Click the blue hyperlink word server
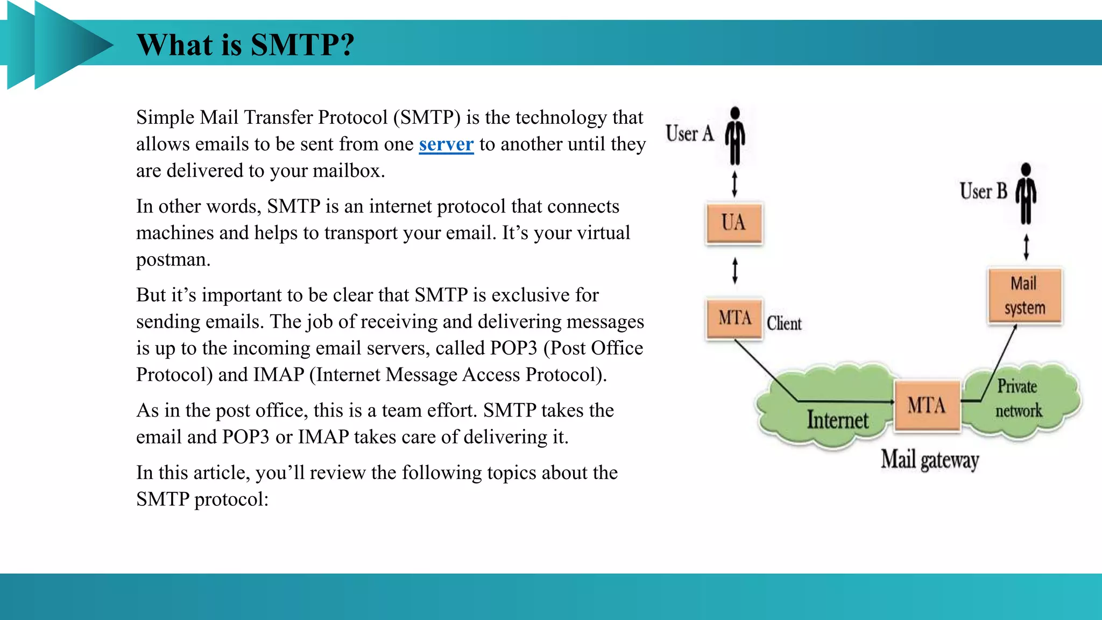point(446,144)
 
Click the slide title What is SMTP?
point(245,45)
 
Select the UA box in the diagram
point(733,223)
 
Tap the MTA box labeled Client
point(734,318)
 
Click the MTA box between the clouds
point(927,405)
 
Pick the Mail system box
point(1025,295)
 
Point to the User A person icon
point(735,136)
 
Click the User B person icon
point(1026,193)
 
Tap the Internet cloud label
point(837,420)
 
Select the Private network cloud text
point(1018,398)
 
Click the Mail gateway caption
point(929,460)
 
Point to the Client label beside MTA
point(784,323)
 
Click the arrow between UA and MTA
point(735,270)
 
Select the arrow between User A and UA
point(734,184)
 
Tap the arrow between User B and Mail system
point(1026,247)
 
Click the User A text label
point(689,133)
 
